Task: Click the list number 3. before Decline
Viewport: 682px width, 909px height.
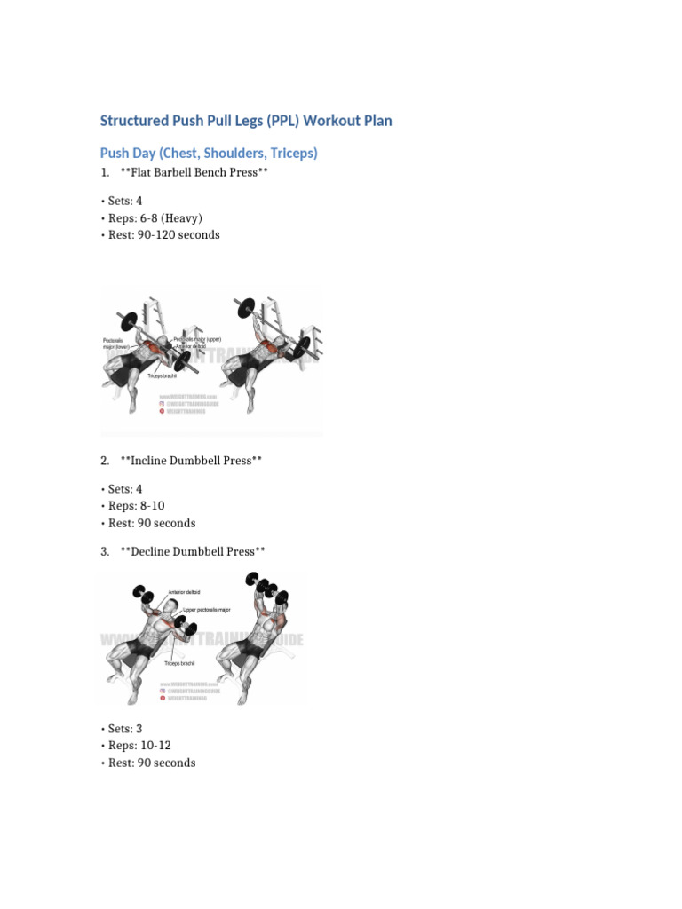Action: pos(105,551)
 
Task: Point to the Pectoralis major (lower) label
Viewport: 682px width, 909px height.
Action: pos(116,344)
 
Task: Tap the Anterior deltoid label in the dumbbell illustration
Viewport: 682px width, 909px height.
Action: pos(186,593)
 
